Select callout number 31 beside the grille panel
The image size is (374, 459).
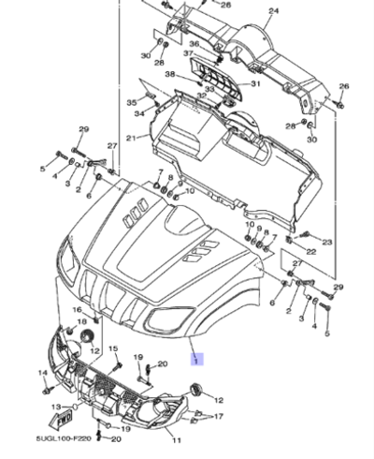tap(255, 84)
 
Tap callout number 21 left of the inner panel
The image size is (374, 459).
tap(132, 139)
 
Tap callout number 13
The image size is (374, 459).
tap(55, 407)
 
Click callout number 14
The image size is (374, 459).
tap(43, 373)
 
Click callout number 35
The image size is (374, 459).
tap(132, 101)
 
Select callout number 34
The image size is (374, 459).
tap(138, 114)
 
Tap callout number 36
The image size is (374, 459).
tap(194, 44)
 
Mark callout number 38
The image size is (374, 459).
tap(171, 74)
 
